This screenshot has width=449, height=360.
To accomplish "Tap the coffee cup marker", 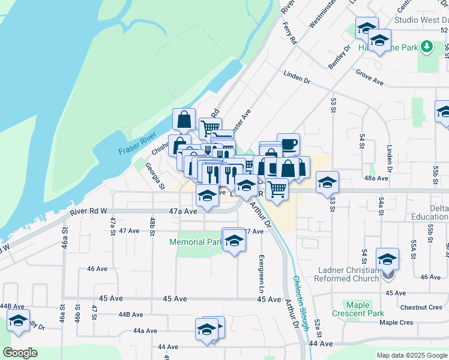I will coord(288,144).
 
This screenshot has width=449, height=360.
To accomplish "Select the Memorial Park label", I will coord(196,242).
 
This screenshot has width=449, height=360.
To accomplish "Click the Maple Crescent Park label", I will coord(358,309).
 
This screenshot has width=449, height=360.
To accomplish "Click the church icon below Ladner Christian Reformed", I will coord(388,275).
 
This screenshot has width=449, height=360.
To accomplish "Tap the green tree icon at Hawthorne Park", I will coord(426,46).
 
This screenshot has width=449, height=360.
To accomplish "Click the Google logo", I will coord(20,352).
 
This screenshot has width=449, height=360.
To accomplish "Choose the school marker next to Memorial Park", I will coord(234,241).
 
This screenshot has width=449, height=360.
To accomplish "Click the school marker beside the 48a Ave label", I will coord(327,182).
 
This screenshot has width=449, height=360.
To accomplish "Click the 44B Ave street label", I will coord(131,314).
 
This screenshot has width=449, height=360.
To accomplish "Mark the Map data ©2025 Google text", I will coord(411,355).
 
